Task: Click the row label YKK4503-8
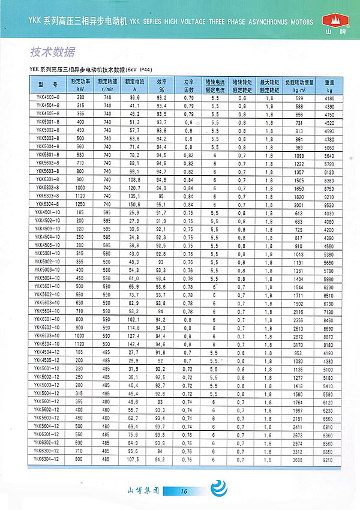tap(45, 97)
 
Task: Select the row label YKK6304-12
tap(46, 459)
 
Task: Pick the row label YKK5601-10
tap(46, 287)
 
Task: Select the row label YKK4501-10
tap(46, 212)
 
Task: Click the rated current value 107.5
tap(134, 459)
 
